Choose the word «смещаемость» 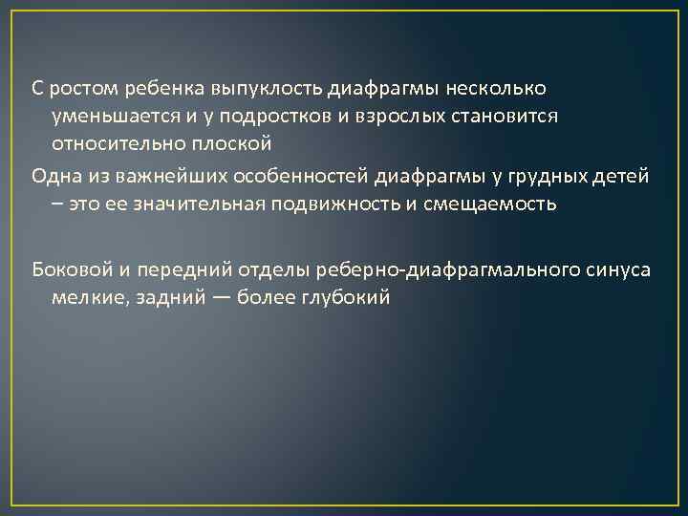click(494, 204)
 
